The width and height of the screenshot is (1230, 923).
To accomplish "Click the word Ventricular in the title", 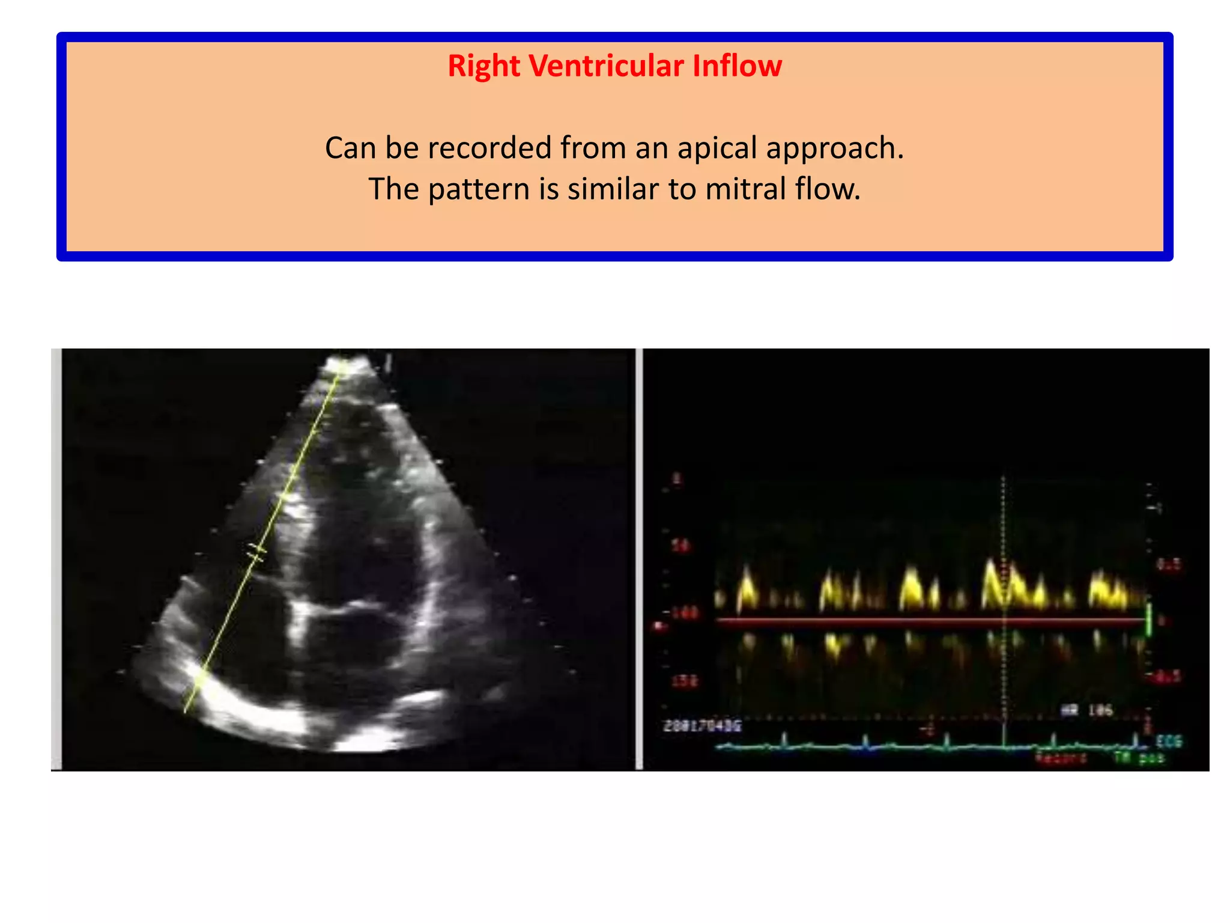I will pyautogui.click(x=606, y=65).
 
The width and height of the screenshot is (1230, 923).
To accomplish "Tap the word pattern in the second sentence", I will pyautogui.click(x=479, y=189).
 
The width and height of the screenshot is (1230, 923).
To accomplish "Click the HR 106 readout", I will pyautogui.click(x=1087, y=710).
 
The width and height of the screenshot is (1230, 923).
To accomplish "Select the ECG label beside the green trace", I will pyautogui.click(x=1169, y=741).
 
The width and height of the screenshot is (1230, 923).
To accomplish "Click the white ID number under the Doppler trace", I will pyautogui.click(x=702, y=726).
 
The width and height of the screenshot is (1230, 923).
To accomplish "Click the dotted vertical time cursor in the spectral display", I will pyautogui.click(x=1003, y=541).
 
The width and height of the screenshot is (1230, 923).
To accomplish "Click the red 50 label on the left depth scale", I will pyautogui.click(x=680, y=546).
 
